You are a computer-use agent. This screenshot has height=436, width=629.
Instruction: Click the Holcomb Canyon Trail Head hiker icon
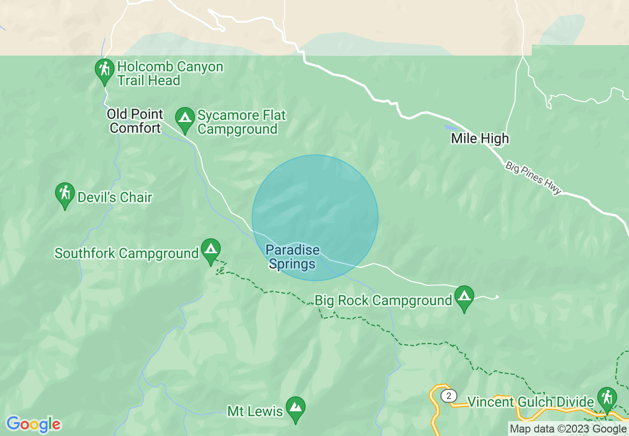104,69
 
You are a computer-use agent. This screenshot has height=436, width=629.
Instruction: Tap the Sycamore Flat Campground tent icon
185,118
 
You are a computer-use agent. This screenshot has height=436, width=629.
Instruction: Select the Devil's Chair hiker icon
65,193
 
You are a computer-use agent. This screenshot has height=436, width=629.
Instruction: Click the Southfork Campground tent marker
211,249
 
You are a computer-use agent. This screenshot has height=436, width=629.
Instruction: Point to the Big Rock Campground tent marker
464,296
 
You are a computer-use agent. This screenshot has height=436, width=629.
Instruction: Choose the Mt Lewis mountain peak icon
296,407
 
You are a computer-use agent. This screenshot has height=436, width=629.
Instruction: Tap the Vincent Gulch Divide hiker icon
607,397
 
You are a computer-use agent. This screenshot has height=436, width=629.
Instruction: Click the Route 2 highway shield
448,395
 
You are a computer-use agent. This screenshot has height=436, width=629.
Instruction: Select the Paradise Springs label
293,257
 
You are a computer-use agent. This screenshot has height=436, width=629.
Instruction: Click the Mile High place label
480,138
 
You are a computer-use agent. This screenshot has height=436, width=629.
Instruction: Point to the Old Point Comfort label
135,121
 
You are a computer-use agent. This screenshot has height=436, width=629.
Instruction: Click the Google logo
33,424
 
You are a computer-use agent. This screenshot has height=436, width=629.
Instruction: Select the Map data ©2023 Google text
568,429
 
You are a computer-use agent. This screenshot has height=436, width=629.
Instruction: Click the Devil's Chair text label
115,197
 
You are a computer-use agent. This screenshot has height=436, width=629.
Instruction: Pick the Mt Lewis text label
255,411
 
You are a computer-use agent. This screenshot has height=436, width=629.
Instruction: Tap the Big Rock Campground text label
383,301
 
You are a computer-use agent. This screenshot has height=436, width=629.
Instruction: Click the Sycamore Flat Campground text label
242,122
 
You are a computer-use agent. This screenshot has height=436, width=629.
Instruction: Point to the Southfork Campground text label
126,253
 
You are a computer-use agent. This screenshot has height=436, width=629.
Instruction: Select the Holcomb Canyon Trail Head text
170,74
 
